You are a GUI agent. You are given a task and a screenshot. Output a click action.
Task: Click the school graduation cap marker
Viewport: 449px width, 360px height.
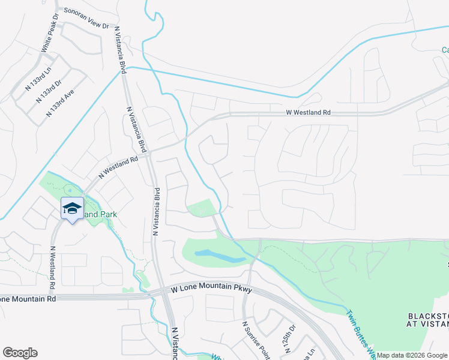point(72,208)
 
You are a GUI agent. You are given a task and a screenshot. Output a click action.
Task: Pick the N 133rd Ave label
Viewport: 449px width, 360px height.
point(62,102)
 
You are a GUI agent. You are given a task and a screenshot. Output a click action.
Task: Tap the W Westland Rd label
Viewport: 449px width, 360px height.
point(308,112)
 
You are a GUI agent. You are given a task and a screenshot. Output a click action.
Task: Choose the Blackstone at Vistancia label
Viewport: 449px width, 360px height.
point(428,320)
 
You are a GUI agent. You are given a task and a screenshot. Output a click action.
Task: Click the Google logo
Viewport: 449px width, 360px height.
point(20,353)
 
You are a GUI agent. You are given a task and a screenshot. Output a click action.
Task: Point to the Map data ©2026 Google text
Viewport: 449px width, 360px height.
point(412,355)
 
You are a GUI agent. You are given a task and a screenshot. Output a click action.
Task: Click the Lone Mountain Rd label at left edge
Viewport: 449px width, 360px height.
point(28,298)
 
